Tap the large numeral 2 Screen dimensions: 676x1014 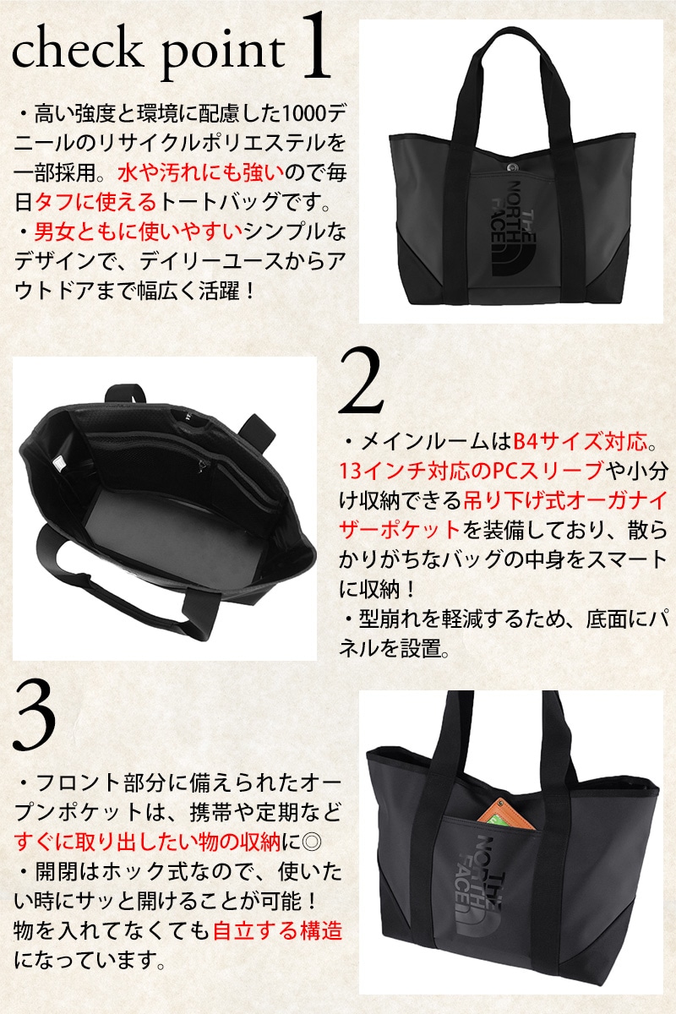click(361, 381)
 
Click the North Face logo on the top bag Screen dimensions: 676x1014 click(515, 230)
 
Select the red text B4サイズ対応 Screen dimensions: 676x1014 click(581, 442)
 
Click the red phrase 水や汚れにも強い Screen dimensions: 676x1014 click(201, 172)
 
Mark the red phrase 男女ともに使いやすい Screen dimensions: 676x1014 click(139, 232)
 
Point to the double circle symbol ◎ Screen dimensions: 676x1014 click(312, 842)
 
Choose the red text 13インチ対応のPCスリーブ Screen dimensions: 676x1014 click(472, 472)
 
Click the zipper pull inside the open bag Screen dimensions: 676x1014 click(203, 466)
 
